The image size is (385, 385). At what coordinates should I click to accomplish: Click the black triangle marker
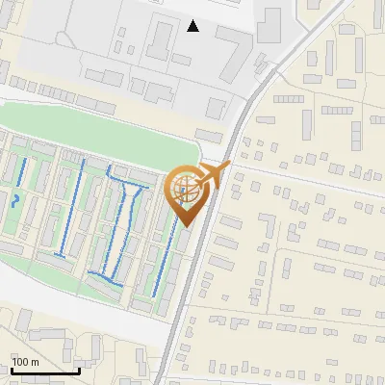coord(193,26)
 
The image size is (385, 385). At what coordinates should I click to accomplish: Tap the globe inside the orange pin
coord(184,191)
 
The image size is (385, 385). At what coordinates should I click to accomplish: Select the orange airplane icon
coord(212,175)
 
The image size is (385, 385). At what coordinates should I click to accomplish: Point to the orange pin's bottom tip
coord(184,227)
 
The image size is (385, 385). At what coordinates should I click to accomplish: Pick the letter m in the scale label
coord(36,362)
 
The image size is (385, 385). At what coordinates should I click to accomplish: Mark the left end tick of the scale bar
coord(12,371)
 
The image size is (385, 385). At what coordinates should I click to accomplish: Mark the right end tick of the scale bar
coord(79,371)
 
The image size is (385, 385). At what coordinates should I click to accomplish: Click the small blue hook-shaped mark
coord(13,200)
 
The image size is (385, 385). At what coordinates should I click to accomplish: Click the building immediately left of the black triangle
coord(160,36)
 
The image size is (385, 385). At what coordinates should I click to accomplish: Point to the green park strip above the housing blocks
coord(106,135)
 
